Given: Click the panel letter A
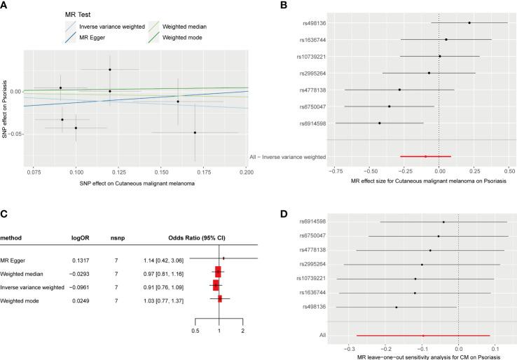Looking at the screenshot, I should tap(5, 6).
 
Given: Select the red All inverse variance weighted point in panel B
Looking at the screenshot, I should tap(425, 157).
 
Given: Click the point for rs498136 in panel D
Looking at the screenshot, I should tap(396, 307).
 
